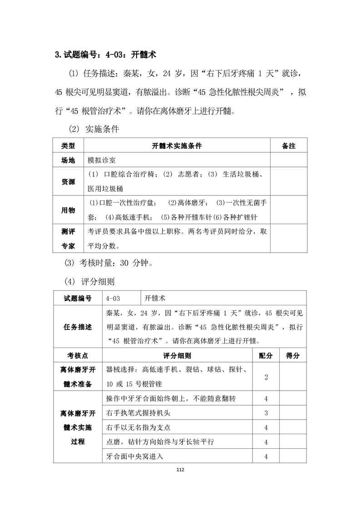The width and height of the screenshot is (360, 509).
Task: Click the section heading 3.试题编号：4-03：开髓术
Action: point(105,55)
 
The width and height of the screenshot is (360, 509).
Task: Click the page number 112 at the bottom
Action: point(180,470)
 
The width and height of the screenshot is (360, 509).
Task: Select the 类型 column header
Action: point(68,146)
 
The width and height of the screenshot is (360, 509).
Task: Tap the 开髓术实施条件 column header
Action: point(177,146)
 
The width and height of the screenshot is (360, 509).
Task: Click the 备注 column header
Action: point(288,146)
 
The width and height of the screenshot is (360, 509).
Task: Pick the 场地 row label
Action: point(68,161)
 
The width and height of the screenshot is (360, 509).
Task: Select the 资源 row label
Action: point(68,181)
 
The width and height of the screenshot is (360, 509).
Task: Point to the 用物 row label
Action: point(68,210)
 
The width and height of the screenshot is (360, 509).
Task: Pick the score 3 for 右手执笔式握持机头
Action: point(266,413)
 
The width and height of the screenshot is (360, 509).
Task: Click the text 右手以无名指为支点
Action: point(138,427)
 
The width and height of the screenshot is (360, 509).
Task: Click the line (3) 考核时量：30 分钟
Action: point(110,263)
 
